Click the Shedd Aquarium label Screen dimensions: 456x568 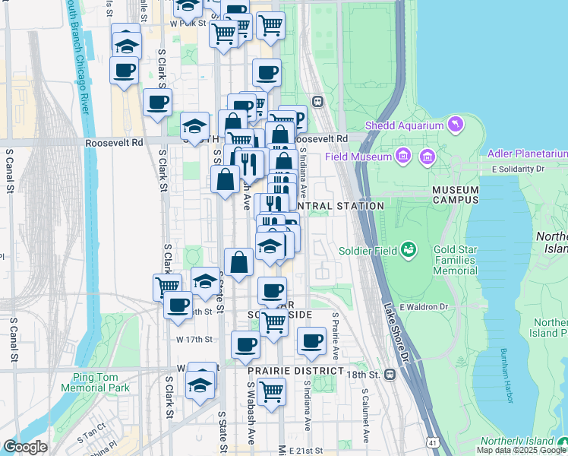[404, 125]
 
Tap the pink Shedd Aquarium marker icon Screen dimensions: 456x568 [455, 124]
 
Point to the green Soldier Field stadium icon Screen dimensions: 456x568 [409, 249]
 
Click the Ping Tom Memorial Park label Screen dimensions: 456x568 [101, 382]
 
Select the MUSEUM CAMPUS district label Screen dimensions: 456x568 [456, 195]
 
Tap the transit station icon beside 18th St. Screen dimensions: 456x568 [390, 374]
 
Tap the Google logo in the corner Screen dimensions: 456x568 [25, 447]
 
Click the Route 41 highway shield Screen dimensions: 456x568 [434, 442]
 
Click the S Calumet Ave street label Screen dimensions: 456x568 [364, 417]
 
